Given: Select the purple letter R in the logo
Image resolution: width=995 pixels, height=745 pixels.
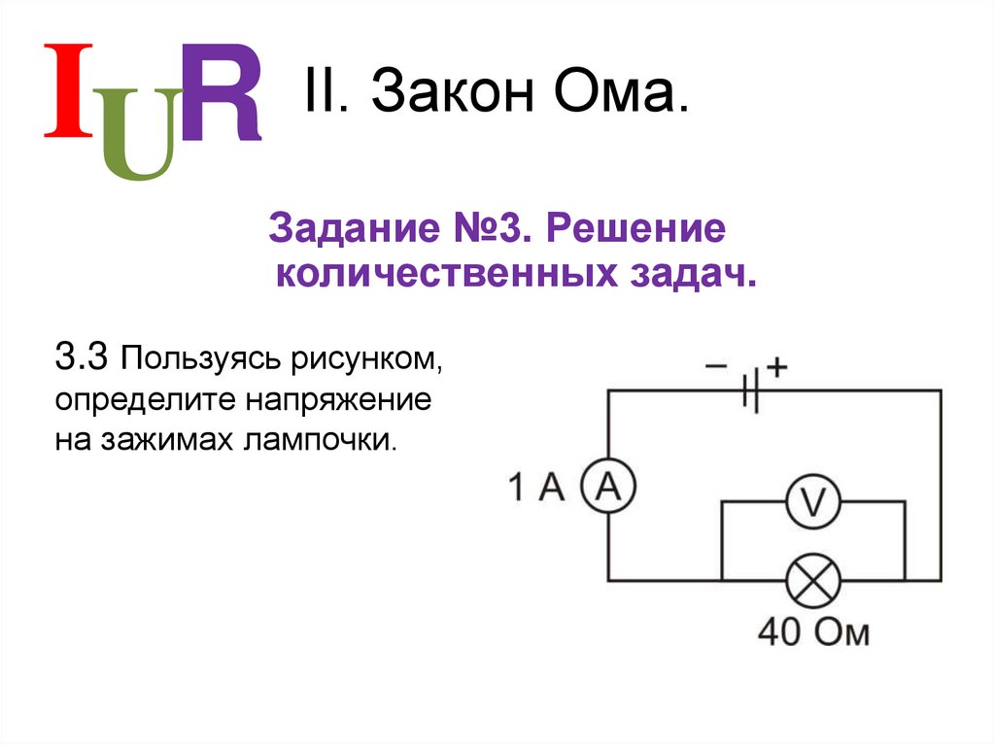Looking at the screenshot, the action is [222, 92].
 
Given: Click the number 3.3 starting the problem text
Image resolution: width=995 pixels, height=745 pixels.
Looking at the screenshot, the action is [85, 357].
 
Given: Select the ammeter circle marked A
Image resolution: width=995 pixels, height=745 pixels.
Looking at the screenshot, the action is [607, 487].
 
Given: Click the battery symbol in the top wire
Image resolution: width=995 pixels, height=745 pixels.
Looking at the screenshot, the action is [751, 390].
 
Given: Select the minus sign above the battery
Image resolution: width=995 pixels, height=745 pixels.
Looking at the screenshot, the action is [716, 366].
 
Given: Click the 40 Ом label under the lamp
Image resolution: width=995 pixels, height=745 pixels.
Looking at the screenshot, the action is [813, 632].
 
